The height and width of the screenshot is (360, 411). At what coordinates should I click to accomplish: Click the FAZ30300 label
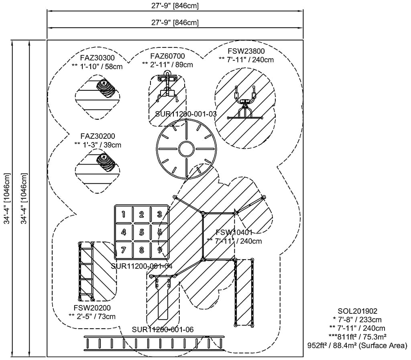(x=97, y=57)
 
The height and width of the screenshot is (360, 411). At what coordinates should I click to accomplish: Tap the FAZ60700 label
(x=168, y=56)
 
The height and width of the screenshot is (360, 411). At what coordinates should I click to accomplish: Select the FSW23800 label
(x=246, y=51)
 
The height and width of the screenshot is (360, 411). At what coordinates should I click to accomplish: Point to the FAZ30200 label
(x=98, y=136)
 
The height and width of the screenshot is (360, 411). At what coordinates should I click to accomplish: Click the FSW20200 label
(x=92, y=308)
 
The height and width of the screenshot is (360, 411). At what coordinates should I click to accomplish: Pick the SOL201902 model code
(x=358, y=311)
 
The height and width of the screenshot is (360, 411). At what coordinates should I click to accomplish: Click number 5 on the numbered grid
(x=142, y=232)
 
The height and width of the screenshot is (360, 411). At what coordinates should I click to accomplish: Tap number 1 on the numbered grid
(x=124, y=214)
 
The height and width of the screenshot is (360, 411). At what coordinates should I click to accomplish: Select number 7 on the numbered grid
(x=124, y=250)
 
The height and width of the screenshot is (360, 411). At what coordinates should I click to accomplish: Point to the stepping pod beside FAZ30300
(x=106, y=89)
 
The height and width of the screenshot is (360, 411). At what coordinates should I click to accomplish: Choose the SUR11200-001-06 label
(x=163, y=329)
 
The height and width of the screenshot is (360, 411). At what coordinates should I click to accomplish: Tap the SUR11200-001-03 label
(x=186, y=114)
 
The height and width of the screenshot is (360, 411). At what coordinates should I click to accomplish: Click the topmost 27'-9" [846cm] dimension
(x=175, y=6)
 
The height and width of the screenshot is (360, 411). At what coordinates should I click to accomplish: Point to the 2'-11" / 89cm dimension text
(x=167, y=64)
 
